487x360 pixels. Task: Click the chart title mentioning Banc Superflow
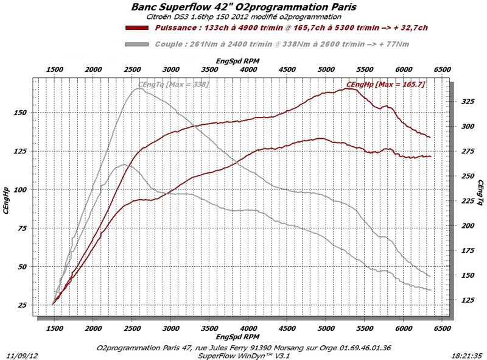(243, 7)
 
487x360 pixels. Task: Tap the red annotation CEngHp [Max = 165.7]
(385, 83)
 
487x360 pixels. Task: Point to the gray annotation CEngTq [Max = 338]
(173, 83)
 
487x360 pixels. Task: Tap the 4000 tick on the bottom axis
(248, 328)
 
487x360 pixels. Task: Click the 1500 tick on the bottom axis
(54, 328)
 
